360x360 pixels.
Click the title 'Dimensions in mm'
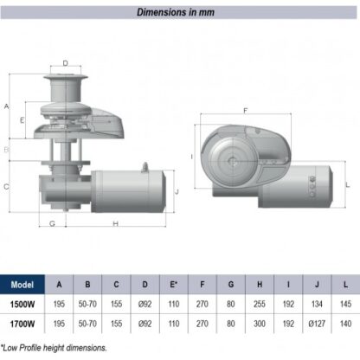tap(176, 12)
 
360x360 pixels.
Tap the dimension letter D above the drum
tap(66, 63)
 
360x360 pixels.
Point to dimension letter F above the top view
tap(246, 111)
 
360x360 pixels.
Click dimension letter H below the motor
tap(115, 223)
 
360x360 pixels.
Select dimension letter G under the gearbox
tap(52, 223)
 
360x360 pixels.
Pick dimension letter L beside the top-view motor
tap(348, 184)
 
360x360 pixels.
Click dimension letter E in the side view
tap(22, 120)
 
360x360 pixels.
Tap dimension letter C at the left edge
tap(6, 187)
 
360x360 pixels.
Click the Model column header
tap(22, 285)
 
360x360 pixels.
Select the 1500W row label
tap(22, 305)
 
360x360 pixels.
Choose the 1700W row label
tap(22, 324)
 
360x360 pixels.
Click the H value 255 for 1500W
tap(260, 304)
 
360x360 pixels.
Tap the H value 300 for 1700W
tap(260, 324)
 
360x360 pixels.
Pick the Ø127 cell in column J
tap(317, 324)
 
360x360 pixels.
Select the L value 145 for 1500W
tap(345, 304)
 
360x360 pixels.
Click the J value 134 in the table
tap(317, 304)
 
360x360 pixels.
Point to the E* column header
tap(173, 285)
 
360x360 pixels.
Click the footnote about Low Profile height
tap(54, 348)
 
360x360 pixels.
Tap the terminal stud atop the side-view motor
tap(145, 167)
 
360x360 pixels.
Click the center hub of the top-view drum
tap(232, 161)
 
